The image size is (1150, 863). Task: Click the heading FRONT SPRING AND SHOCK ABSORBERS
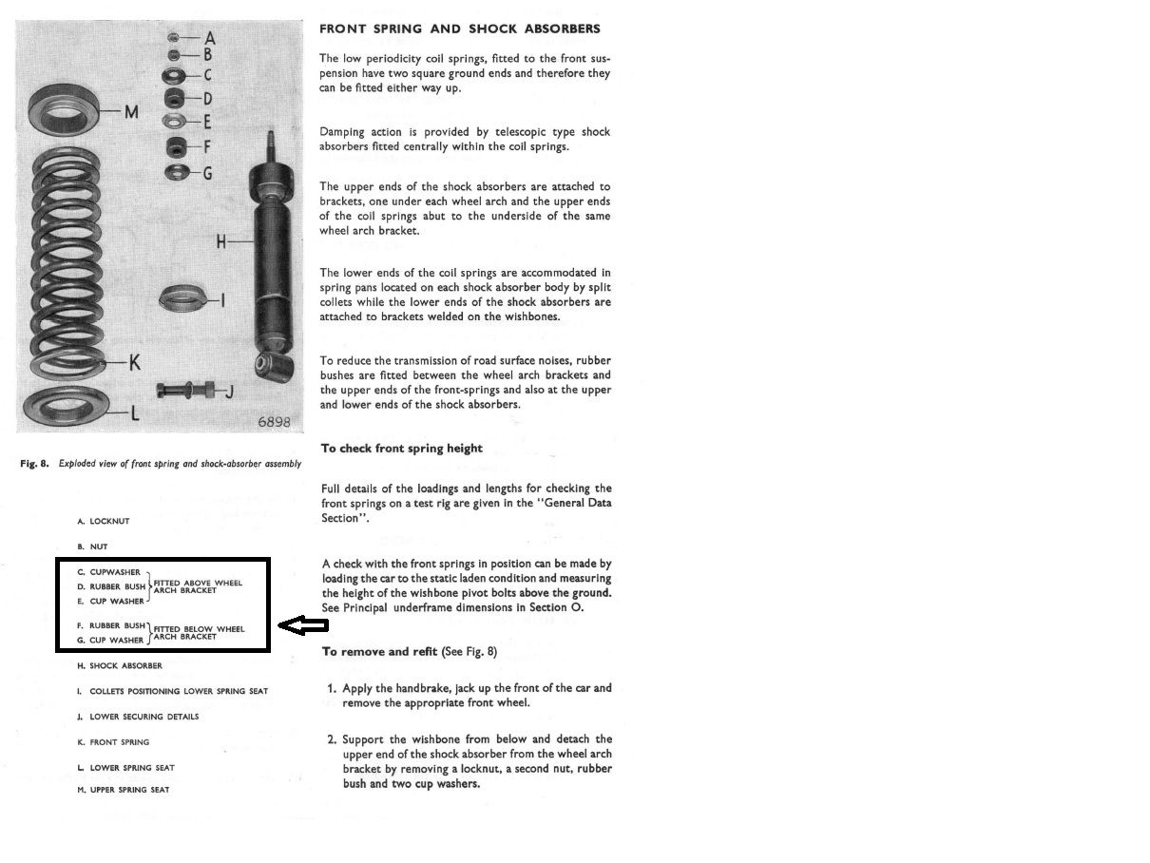[459, 29]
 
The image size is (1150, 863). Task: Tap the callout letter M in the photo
[132, 112]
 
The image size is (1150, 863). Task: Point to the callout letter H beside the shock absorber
[222, 241]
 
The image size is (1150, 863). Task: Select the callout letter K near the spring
[134, 362]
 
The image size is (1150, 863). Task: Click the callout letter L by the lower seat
[134, 413]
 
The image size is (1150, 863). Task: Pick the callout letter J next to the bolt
[229, 392]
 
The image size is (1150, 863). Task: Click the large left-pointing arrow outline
[303, 625]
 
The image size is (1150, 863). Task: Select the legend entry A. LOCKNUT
[104, 522]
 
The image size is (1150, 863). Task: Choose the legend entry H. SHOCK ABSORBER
[120, 666]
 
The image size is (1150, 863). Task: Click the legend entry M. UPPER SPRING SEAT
[124, 790]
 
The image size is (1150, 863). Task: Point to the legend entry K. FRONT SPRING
[113, 742]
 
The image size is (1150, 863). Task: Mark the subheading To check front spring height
[401, 449]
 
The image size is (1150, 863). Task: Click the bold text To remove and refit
[379, 652]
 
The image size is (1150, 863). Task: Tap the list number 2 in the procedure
[332, 739]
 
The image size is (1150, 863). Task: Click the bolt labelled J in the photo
[187, 390]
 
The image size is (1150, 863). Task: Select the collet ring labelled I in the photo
[183, 298]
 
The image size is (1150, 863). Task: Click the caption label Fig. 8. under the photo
[34, 465]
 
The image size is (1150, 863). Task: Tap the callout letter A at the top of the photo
[210, 38]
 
